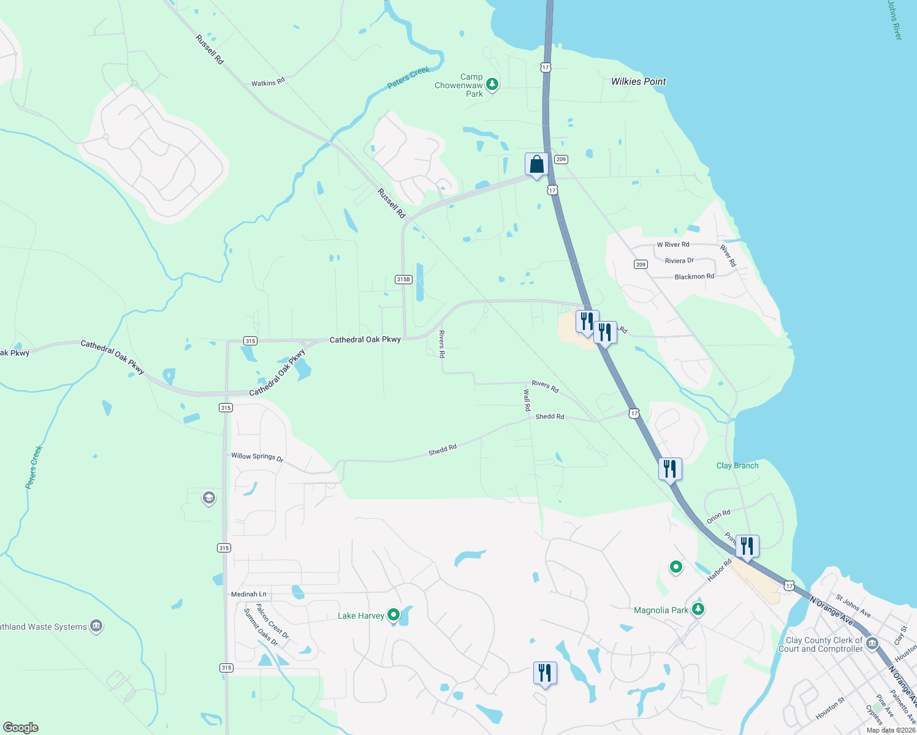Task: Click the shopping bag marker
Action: pos(536,165)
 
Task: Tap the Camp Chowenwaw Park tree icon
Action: pos(492,85)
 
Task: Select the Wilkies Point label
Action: pos(638,81)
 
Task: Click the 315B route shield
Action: pos(403,279)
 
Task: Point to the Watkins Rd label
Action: pos(268,82)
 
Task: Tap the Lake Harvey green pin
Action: pos(394,614)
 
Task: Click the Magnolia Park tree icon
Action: pos(698,609)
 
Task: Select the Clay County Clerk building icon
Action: pos(872,644)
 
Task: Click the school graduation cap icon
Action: pos(208,497)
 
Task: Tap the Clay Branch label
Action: pos(737,466)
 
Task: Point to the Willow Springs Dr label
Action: pos(257,456)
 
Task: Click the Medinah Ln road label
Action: pos(249,594)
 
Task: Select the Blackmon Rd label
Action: pos(694,277)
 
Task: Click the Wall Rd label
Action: pos(527,399)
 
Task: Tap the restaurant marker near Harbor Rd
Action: pos(747,545)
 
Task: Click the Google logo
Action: pos(21,728)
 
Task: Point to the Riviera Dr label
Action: pos(679,261)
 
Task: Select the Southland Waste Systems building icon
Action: pos(96,626)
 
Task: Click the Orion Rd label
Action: pos(718,516)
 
